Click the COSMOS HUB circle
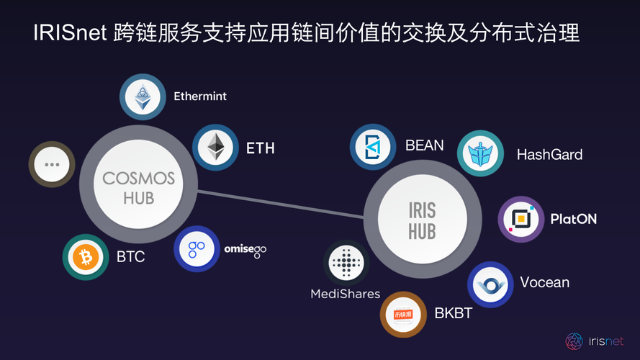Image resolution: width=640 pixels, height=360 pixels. click(139, 186)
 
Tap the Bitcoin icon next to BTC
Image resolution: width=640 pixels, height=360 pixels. click(86, 256)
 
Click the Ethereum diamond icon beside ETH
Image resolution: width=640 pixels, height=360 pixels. click(215, 148)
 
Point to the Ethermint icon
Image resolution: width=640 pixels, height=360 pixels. click(143, 98)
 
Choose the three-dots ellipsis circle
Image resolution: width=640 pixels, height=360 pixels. click(51, 164)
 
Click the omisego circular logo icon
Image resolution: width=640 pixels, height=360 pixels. click(197, 250)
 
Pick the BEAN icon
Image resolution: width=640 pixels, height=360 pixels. click(373, 146)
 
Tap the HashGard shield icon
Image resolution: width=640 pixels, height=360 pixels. click(480, 154)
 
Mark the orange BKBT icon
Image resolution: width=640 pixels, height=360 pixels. click(403, 314)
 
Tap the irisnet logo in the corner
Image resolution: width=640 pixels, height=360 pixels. click(574, 341)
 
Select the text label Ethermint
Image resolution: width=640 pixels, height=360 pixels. click(200, 96)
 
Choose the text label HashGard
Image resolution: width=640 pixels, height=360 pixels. click(549, 154)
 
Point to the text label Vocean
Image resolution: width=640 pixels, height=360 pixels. click(544, 282)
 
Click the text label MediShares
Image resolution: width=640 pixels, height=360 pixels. click(345, 294)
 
